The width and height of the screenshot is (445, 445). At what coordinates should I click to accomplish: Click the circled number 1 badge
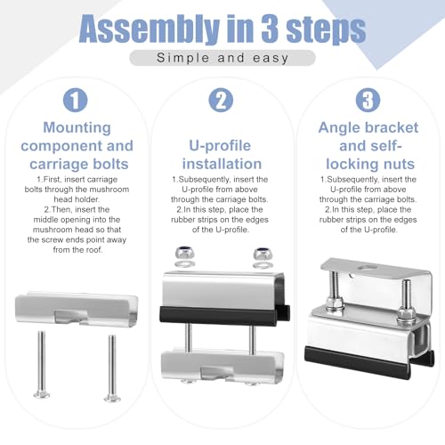tap(76, 100)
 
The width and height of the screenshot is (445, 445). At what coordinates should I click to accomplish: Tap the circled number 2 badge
tap(221, 100)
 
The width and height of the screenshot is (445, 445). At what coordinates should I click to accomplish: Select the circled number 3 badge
tap(368, 100)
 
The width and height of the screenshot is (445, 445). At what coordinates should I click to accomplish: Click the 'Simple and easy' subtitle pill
tap(222, 58)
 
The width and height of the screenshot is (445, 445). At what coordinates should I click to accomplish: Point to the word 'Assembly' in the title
tap(149, 29)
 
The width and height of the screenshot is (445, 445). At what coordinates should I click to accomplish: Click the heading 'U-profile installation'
tap(222, 155)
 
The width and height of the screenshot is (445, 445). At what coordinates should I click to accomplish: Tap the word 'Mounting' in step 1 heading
tap(77, 127)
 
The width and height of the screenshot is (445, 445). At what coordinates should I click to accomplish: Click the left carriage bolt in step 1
tap(41, 364)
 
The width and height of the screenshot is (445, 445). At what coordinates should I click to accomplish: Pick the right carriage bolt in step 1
tap(112, 368)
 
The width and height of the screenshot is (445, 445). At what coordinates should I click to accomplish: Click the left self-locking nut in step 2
tap(184, 254)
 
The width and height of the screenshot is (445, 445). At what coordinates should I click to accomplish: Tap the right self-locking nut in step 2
tap(263, 254)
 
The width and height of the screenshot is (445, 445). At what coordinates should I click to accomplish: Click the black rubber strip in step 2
tap(224, 316)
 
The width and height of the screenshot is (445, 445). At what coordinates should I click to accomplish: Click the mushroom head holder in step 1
tap(77, 309)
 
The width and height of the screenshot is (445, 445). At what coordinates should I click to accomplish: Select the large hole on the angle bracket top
tap(368, 268)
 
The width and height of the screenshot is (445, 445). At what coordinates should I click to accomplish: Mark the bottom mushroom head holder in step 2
tap(222, 367)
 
